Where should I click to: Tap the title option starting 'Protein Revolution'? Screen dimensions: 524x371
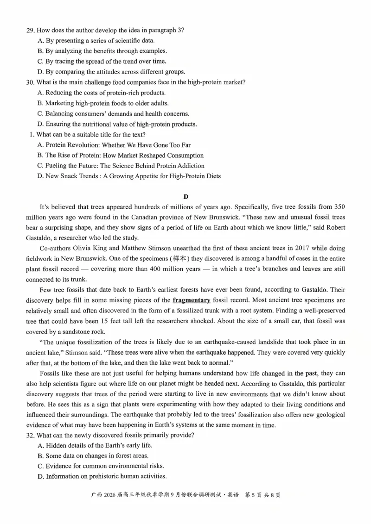click(114, 145)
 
